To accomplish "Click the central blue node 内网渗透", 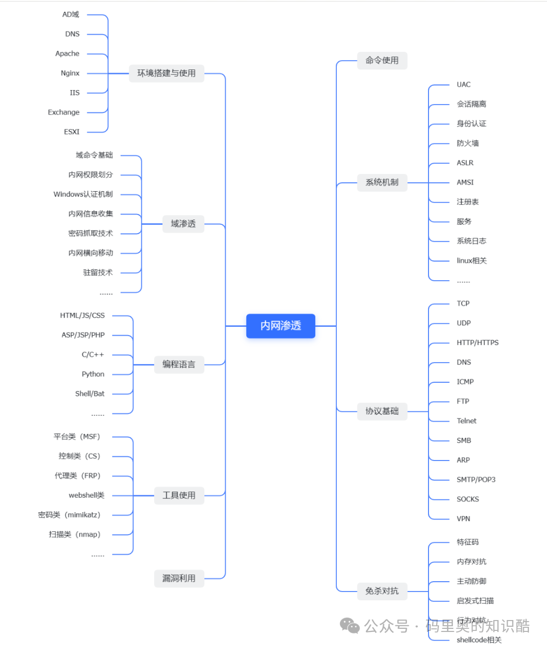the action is pyautogui.click(x=280, y=326).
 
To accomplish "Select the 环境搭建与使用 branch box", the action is pyautogui.click(x=166, y=74).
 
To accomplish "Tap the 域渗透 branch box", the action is pyautogui.click(x=183, y=224).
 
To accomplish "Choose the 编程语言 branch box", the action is pyautogui.click(x=179, y=365).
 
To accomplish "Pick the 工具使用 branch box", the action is pyautogui.click(x=179, y=496).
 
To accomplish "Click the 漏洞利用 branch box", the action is pyautogui.click(x=179, y=578).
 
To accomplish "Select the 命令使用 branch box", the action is pyautogui.click(x=382, y=61).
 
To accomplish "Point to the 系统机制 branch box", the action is pyautogui.click(x=382, y=182).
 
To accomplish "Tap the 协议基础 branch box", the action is pyautogui.click(x=382, y=411).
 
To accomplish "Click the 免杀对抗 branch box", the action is pyautogui.click(x=382, y=591).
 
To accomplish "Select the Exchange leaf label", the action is pyautogui.click(x=64, y=112).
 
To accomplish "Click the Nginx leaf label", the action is pyautogui.click(x=70, y=74).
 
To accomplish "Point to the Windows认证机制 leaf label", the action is pyautogui.click(x=83, y=194).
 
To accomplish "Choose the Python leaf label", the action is pyautogui.click(x=93, y=374).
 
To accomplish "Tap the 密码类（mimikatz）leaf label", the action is pyautogui.click(x=69, y=515).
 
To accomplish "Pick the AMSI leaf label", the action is pyautogui.click(x=465, y=182).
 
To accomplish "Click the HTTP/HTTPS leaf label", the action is pyautogui.click(x=477, y=343).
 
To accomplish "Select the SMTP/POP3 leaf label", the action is pyautogui.click(x=476, y=480).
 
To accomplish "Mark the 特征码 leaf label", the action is pyautogui.click(x=467, y=542).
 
